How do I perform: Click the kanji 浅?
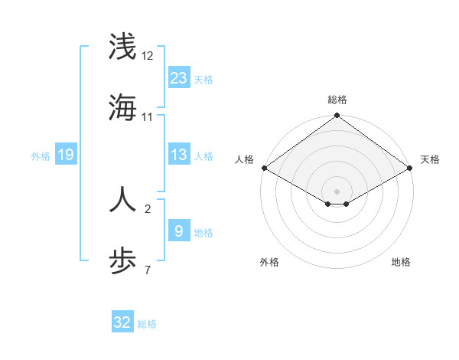tap(122, 46)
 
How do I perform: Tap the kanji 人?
tap(122, 198)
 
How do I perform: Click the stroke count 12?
tap(148, 56)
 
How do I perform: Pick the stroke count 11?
tap(148, 117)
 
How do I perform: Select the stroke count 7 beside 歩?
tap(148, 270)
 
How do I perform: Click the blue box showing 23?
tap(178, 77)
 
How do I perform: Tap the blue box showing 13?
tap(178, 155)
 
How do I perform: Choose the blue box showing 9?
tap(178, 231)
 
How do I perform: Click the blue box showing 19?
tap(66, 155)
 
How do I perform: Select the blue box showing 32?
tap(122, 322)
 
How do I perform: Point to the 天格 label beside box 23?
tap(203, 80)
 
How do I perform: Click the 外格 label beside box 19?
tap(41, 156)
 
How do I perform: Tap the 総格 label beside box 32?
tap(148, 324)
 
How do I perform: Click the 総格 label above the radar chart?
tap(337, 100)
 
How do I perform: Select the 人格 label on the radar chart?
tap(244, 159)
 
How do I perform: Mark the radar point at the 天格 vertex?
tap(411, 168)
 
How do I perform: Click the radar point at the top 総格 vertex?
tap(337, 116)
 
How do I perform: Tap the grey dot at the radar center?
tap(337, 191)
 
